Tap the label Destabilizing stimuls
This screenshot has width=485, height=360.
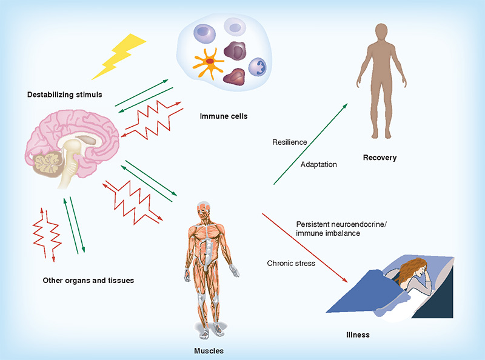coord(65,95)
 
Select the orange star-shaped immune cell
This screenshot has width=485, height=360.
coord(208,63)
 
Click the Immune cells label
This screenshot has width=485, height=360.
coord(224,116)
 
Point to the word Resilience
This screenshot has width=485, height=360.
coord(290,142)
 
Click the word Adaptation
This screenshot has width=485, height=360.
coord(319,164)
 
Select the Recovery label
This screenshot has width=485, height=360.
coord(380,158)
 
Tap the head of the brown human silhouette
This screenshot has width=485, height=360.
coord(381,32)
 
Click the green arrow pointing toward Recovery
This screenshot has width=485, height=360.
coord(310,144)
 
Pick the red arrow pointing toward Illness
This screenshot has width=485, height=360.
coord(305,248)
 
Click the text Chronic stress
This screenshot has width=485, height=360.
coord(291,264)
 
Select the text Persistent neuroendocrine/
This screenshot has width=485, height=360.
coord(341,224)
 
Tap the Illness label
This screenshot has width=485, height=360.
coord(358,335)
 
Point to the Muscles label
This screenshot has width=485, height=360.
coord(209,351)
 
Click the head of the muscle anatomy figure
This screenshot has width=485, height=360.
coord(204,209)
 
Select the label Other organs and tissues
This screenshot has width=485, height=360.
coord(89,281)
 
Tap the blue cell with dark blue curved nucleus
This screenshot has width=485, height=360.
coord(257,67)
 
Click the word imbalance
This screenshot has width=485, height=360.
coord(343,233)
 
